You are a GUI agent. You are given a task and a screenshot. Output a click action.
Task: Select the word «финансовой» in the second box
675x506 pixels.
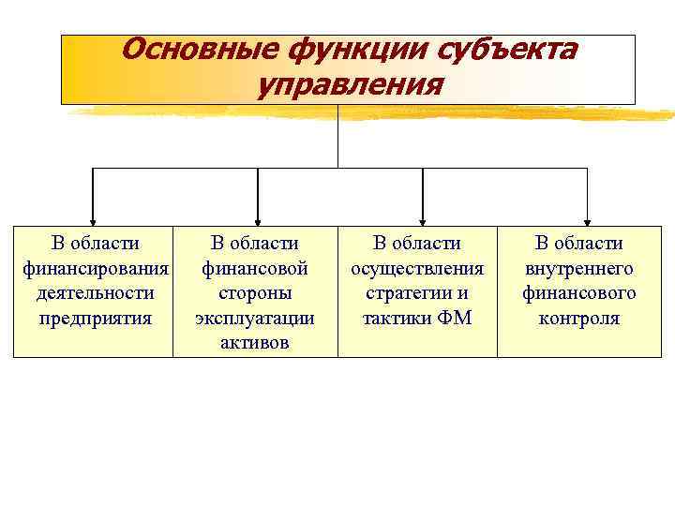[255, 269]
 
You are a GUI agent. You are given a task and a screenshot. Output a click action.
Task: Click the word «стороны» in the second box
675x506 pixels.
[255, 293]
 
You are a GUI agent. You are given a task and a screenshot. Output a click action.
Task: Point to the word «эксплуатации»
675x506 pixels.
[255, 318]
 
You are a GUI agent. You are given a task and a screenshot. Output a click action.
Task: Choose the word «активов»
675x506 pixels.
[255, 342]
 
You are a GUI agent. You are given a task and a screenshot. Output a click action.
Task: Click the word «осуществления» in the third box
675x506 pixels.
[417, 269]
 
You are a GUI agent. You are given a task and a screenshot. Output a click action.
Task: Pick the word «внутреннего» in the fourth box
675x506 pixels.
[579, 269]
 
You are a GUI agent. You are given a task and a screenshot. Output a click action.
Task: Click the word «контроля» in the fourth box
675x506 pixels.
[579, 318]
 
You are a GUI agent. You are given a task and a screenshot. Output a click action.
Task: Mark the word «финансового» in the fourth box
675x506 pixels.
[579, 293]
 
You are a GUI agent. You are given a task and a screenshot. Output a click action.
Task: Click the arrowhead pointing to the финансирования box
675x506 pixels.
[92, 216]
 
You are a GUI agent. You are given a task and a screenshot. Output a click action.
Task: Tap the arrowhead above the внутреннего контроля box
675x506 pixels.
[587, 216]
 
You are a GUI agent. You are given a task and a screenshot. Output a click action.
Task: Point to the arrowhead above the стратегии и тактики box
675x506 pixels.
[424, 216]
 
